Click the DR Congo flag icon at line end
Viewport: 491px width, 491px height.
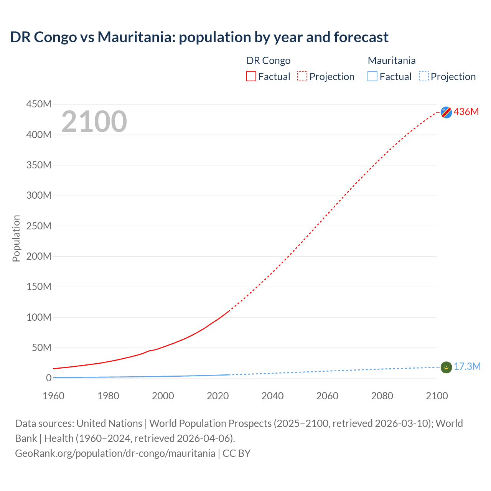[446, 112]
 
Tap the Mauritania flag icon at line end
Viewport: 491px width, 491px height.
[446, 367]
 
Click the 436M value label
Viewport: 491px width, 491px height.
[466, 112]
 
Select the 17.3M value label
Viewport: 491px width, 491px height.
[467, 367]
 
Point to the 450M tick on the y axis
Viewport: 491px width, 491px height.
[39, 104]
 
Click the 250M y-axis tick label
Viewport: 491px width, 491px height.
[39, 226]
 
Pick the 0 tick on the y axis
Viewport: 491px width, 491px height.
[48, 378]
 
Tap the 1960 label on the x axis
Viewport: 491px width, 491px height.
[53, 396]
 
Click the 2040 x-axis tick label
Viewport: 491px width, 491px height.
[272, 396]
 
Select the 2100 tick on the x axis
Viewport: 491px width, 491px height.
[437, 396]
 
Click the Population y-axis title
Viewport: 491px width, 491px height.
[16, 238]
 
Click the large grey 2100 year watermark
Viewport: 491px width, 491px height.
[94, 122]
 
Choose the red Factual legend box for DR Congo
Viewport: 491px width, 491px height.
[251, 76]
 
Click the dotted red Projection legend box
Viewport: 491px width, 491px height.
[302, 76]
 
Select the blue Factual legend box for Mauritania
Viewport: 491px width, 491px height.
[372, 76]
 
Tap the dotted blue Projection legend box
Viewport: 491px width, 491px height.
[424, 76]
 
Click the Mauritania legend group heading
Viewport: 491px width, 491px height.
[391, 61]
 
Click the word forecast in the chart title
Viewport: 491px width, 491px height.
[361, 37]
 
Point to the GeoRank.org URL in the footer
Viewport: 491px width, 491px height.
[115, 453]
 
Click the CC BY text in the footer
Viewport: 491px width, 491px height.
[236, 453]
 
